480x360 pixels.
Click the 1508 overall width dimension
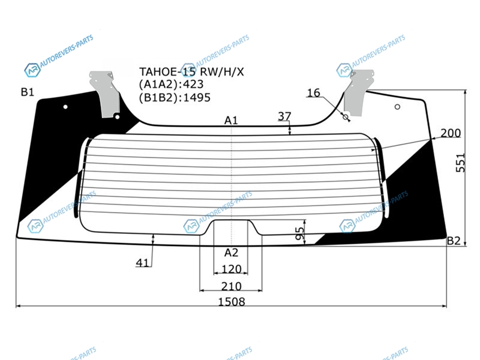[232, 302]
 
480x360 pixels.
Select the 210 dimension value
[231, 286]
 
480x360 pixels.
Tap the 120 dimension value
[231, 269]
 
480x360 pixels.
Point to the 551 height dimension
[460, 163]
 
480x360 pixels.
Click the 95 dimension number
[301, 233]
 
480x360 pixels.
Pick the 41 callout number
[142, 263]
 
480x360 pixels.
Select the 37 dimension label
[284, 116]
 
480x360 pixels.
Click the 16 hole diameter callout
[313, 92]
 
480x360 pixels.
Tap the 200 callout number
[451, 133]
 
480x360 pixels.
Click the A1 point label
[231, 121]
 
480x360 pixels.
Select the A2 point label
[231, 253]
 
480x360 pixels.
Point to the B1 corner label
[28, 92]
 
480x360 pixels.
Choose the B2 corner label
[454, 241]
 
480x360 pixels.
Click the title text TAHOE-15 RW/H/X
[191, 72]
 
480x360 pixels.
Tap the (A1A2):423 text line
[172, 84]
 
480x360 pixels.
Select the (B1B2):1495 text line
[175, 98]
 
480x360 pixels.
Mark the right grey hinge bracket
[358, 94]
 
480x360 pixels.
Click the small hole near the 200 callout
[397, 107]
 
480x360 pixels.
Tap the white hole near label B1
[65, 107]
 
